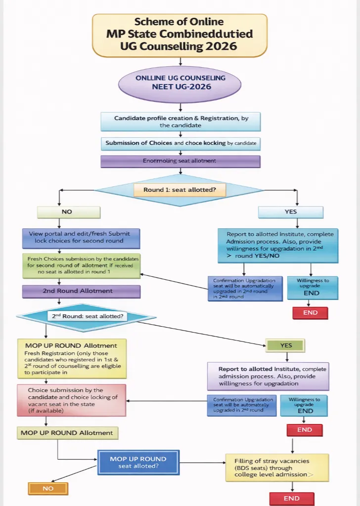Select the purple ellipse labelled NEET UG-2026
click(x=180, y=82)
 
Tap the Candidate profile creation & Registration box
click(x=180, y=122)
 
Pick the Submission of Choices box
click(x=180, y=143)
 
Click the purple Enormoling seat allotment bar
click(x=180, y=161)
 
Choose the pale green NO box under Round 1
click(x=69, y=211)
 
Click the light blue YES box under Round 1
click(x=291, y=211)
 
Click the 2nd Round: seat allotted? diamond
click(x=87, y=315)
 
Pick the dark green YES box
click(x=286, y=345)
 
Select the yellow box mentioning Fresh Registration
click(x=72, y=358)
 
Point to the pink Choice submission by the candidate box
click(x=72, y=400)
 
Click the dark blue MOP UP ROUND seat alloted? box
click(x=138, y=463)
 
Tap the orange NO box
click(x=48, y=488)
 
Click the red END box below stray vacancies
click(x=292, y=498)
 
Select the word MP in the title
click(x=115, y=34)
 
